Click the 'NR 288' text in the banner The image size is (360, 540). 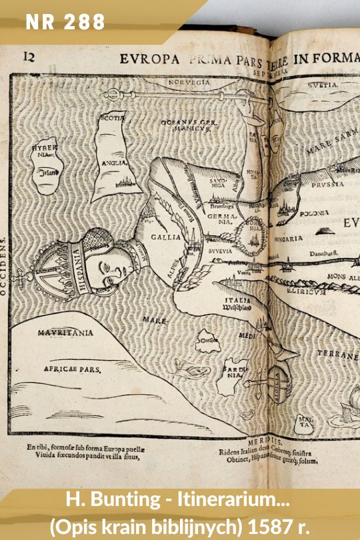[x=65, y=22]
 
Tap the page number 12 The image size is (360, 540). [x=29, y=57]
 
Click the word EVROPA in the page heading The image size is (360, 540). [x=150, y=59]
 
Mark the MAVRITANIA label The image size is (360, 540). [x=65, y=332]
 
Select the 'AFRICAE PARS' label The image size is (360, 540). [x=72, y=369]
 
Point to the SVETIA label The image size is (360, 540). [x=323, y=85]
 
